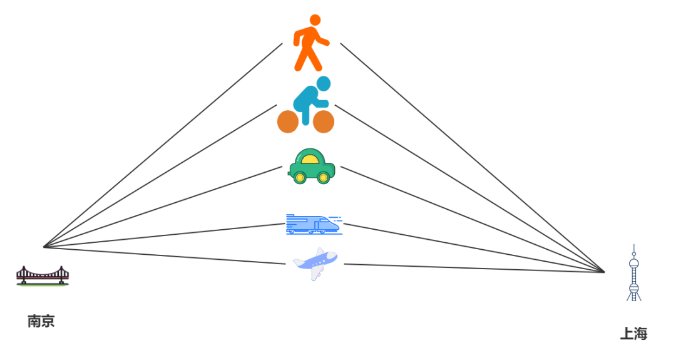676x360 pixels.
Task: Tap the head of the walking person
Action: (315, 20)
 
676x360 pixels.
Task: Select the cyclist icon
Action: (306, 105)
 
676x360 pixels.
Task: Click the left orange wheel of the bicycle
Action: (288, 122)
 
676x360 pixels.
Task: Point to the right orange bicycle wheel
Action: (324, 122)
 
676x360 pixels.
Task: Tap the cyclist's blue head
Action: (323, 83)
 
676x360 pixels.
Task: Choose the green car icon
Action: (312, 167)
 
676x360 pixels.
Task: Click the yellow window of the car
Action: (310, 159)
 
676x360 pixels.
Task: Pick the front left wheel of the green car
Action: (300, 178)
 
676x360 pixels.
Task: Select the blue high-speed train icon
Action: (314, 225)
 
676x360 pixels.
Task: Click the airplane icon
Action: (315, 264)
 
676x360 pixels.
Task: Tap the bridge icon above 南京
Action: (43, 276)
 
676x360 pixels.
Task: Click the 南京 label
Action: (41, 321)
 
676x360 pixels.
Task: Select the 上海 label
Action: (633, 334)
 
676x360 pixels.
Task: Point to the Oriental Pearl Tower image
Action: (633, 272)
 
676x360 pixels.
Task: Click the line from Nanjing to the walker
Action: (163, 145)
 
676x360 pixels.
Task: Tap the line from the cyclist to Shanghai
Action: (469, 188)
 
